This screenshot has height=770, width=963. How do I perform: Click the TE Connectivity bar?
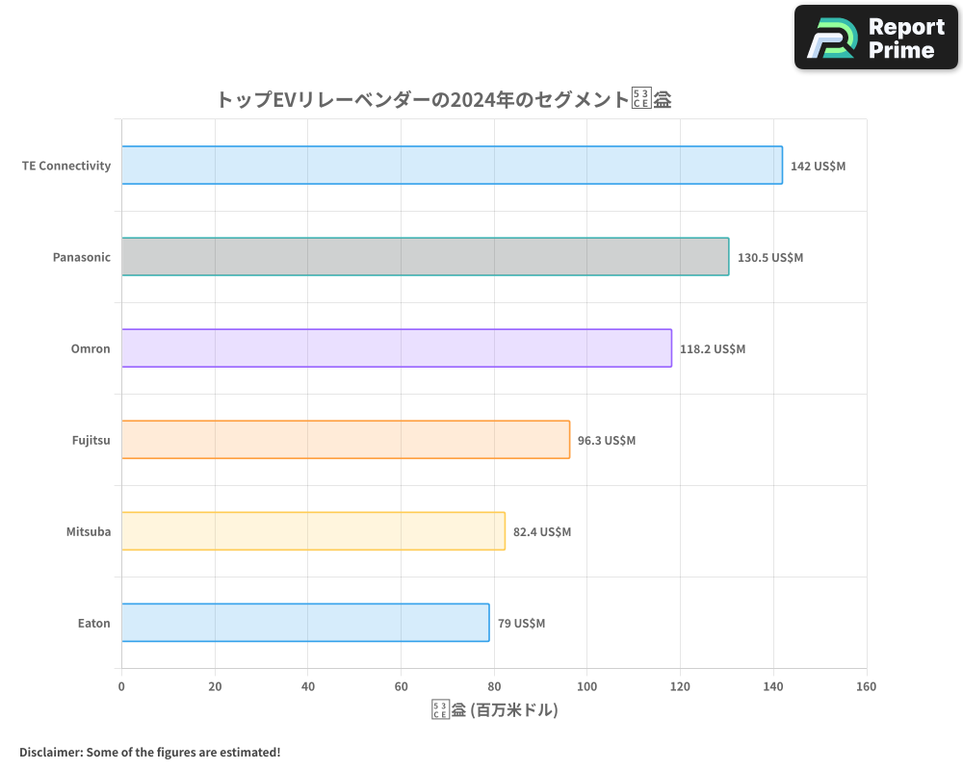point(452,166)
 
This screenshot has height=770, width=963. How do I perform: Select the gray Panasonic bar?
point(425,257)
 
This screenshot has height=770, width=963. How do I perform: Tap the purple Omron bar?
point(397,348)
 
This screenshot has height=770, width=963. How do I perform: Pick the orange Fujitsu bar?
point(346,440)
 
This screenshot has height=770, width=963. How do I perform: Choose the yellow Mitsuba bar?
point(313,531)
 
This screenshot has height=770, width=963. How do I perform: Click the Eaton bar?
point(305,623)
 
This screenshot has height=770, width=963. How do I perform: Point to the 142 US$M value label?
point(818,166)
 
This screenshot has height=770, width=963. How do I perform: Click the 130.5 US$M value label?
point(769,257)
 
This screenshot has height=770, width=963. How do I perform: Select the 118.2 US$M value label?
point(713,348)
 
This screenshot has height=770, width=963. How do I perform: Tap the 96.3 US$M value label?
point(607,440)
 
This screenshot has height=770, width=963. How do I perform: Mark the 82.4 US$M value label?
point(542,531)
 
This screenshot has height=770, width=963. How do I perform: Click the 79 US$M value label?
point(521,623)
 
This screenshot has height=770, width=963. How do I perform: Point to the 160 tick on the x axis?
point(866,686)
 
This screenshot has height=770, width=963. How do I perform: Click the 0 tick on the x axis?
point(121,686)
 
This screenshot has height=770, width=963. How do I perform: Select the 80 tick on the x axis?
point(494,686)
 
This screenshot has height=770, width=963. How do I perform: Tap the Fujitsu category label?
point(91,440)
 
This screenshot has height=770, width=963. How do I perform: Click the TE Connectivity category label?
point(66,166)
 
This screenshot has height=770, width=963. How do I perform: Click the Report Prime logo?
point(875,38)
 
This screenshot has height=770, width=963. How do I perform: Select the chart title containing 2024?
point(443,99)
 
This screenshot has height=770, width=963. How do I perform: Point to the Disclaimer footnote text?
point(149,752)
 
